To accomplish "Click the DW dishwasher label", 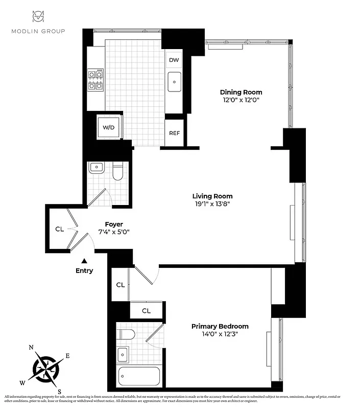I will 174,60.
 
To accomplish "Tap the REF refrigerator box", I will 174,133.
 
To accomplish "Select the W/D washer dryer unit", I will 109,127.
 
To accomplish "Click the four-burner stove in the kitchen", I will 95,80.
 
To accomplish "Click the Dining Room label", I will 241,92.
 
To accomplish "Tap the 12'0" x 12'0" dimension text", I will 241,100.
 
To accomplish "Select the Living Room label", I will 212,196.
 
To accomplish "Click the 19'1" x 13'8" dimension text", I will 212,204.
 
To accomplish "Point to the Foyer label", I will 114,224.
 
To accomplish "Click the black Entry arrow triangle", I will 85,261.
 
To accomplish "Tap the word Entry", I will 84,270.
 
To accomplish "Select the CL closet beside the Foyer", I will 60,229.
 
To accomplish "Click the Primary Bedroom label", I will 220,326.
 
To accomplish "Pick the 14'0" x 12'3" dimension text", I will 220,334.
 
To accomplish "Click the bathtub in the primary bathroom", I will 138,377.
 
